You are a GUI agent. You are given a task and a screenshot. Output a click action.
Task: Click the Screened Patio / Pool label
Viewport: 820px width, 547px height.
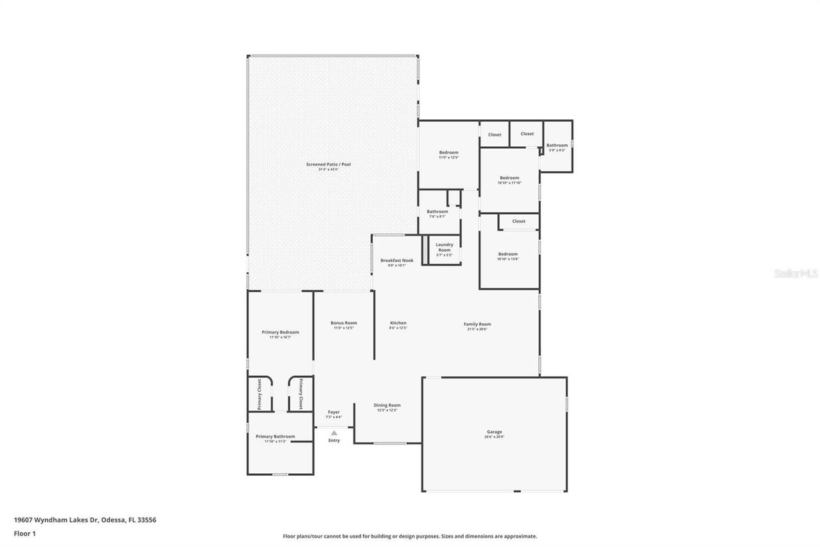click(328, 165)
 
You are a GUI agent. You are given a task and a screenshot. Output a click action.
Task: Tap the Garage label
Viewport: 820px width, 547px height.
click(494, 432)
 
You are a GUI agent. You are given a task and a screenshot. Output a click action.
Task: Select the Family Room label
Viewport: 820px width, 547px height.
click(477, 324)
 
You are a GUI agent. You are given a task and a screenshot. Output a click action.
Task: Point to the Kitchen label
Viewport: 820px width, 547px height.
click(398, 323)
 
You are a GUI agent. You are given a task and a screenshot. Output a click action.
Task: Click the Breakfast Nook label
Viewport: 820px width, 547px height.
click(397, 260)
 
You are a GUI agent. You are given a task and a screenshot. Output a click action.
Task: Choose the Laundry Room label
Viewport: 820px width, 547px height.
click(445, 247)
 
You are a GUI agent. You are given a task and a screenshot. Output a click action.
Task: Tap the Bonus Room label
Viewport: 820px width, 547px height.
click(343, 323)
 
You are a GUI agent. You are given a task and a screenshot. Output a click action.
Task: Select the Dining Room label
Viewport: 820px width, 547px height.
click(387, 405)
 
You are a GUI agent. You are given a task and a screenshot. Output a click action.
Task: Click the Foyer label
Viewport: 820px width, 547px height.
click(334, 412)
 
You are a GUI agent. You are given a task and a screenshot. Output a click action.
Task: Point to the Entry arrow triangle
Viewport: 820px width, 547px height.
click(334, 433)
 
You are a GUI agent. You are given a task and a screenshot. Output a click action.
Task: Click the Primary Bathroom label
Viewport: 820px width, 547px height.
click(275, 437)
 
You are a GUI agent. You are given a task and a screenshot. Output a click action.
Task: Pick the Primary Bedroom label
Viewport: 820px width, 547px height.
click(280, 332)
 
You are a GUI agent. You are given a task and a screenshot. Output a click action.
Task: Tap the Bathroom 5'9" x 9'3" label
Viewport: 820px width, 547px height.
click(557, 146)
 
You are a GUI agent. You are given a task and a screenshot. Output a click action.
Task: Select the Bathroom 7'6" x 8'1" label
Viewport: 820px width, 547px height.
click(438, 212)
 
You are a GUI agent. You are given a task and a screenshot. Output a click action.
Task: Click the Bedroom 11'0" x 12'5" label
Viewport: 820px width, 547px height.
click(448, 153)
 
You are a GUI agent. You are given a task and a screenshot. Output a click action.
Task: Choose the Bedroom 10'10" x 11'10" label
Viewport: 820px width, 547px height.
click(509, 178)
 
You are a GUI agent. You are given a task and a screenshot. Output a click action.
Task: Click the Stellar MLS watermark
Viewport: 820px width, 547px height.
click(796, 273)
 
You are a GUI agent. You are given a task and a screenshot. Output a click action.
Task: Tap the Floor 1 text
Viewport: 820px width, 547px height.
click(25, 533)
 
